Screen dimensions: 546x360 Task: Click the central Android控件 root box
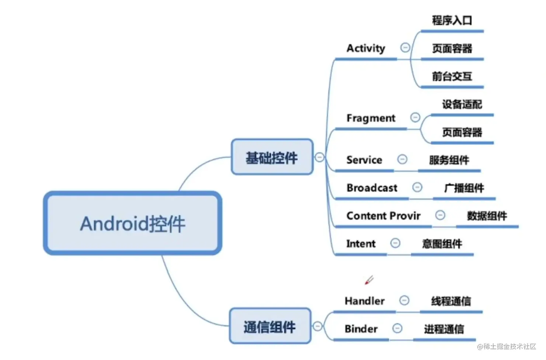click(x=133, y=223)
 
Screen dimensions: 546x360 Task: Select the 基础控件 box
click(x=272, y=157)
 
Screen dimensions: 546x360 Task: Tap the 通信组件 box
click(x=270, y=326)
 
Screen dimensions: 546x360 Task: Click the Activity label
click(x=366, y=48)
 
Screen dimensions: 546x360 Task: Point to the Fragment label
click(x=371, y=118)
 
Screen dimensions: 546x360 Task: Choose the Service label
click(x=364, y=160)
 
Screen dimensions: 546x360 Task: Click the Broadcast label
click(x=372, y=188)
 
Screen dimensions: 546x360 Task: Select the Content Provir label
click(x=383, y=216)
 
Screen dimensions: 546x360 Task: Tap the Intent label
click(x=361, y=244)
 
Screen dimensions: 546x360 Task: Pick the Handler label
click(x=365, y=301)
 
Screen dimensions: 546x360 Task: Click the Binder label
click(x=361, y=329)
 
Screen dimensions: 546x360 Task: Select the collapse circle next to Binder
click(x=397, y=328)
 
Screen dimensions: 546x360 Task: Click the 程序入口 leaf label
click(x=452, y=20)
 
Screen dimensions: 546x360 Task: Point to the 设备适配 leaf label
click(x=462, y=104)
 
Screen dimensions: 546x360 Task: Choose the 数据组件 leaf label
click(x=487, y=216)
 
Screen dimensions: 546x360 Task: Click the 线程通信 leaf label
click(x=451, y=301)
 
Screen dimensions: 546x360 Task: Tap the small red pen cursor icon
click(x=369, y=280)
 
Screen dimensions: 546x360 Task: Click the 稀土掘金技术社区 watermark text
click(x=510, y=346)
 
